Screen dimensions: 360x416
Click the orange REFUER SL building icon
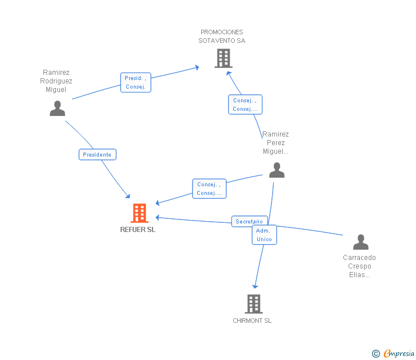click(x=139, y=213)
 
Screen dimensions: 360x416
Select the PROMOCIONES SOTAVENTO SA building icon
click(x=223, y=58)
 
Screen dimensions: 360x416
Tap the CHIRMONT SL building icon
click(x=254, y=304)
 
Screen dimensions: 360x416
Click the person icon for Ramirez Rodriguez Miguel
click(x=57, y=108)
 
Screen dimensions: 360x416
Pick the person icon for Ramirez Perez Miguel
click(x=277, y=170)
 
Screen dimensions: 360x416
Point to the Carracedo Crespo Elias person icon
click(x=361, y=242)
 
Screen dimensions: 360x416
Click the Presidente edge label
click(x=97, y=154)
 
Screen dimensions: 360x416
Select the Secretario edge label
click(x=249, y=221)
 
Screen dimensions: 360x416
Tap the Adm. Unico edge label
click(x=264, y=235)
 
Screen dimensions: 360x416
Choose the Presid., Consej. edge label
click(x=135, y=82)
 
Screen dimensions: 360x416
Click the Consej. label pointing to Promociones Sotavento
click(x=245, y=105)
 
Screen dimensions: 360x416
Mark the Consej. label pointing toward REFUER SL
click(x=209, y=189)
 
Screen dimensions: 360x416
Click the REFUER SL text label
click(x=138, y=230)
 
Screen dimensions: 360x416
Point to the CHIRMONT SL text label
click(x=252, y=321)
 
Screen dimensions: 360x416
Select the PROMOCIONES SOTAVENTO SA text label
click(x=222, y=36)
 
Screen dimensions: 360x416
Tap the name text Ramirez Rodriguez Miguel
click(x=56, y=81)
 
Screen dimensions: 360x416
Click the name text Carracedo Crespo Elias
click(x=359, y=266)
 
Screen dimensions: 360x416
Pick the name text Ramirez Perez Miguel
click(x=275, y=143)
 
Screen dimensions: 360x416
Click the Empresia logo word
click(x=398, y=353)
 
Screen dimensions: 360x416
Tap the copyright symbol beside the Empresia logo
click(x=376, y=354)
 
